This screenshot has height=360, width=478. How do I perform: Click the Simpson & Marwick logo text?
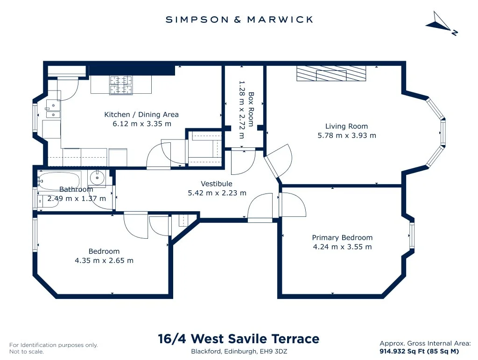point(239,20)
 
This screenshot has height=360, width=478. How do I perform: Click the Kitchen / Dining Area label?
point(141,115)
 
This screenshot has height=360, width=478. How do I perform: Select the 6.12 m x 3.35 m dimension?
point(142,124)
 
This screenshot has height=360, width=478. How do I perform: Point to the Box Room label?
point(251,109)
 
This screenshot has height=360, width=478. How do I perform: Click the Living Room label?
point(347,126)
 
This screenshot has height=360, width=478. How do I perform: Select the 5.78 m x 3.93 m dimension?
point(347,135)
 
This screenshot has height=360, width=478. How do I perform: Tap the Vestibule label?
point(217,184)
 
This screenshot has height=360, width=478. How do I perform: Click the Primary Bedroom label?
point(342,237)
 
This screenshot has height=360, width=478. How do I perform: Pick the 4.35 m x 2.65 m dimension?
point(104,260)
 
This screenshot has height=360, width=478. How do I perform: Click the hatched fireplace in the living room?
point(331,73)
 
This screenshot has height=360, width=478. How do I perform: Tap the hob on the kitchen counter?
point(121,85)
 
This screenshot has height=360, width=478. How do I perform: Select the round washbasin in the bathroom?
point(97,177)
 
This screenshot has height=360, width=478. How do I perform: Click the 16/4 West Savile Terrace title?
point(239,339)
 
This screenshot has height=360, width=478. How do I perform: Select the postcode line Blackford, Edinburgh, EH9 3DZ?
point(239,351)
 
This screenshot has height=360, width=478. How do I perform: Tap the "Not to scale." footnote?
point(27,352)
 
